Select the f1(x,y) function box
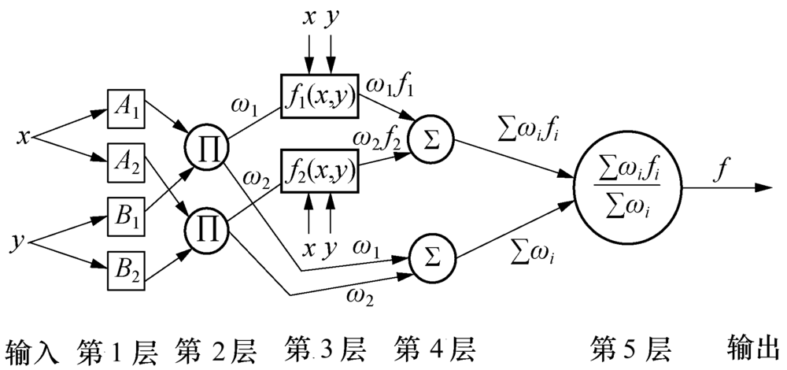click(319, 98)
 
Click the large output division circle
click(629, 187)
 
